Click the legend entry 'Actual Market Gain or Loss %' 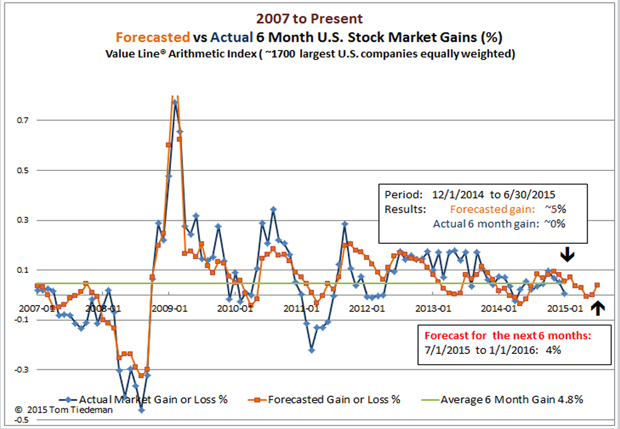coord(152,399)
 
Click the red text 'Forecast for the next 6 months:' coord(507,335)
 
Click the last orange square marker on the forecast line coord(597,285)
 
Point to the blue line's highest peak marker coord(175,102)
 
